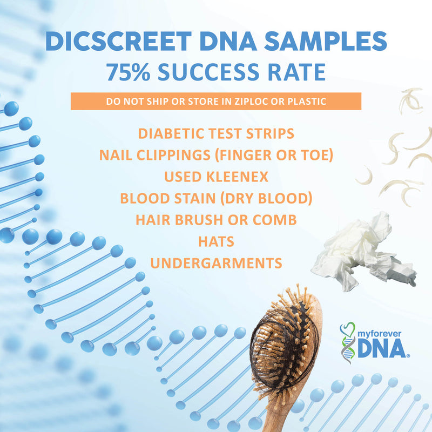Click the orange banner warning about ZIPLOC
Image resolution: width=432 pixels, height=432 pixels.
pos(216,102)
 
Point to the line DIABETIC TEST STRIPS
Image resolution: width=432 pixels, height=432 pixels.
pos(216,133)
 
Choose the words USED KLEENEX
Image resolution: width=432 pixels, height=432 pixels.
pos(216,177)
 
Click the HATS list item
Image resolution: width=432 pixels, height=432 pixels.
pos(216,241)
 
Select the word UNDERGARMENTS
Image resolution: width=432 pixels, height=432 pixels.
pos(216,263)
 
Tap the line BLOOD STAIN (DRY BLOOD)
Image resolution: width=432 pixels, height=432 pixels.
pos(216,198)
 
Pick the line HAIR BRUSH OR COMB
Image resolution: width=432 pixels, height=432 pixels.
pos(216,220)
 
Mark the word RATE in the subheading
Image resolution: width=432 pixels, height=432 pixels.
pos(298,72)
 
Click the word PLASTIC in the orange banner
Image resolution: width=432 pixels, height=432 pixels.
pos(308,102)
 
